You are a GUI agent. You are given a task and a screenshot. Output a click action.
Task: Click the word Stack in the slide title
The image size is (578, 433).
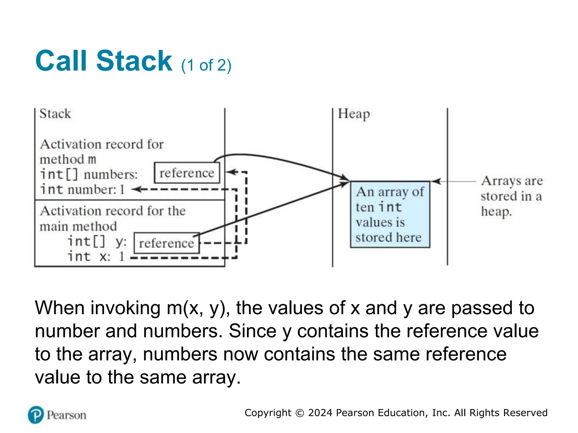(134, 61)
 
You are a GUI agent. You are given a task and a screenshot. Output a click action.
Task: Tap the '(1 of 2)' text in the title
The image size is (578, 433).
(206, 65)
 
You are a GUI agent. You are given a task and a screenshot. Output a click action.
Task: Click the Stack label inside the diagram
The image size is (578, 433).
(55, 114)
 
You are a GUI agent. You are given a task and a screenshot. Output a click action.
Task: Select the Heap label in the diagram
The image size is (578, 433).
(354, 114)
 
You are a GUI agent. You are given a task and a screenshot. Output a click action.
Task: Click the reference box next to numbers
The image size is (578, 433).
(187, 173)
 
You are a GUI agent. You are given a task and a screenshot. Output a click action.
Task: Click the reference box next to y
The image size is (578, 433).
(166, 243)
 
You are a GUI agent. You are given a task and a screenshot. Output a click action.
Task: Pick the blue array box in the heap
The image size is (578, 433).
(390, 214)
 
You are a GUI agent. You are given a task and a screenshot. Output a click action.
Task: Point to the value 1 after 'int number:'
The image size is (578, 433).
(122, 189)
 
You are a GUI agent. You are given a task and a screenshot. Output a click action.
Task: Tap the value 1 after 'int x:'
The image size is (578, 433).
(122, 257)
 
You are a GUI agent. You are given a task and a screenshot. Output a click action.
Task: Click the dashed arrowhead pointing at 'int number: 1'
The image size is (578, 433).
(136, 189)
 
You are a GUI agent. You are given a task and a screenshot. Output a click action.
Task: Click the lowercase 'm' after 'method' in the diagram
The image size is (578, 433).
(92, 160)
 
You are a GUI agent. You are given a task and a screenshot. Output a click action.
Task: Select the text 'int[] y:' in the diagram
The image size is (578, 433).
(97, 242)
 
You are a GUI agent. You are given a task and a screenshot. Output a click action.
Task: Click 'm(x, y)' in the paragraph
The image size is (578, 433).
(198, 308)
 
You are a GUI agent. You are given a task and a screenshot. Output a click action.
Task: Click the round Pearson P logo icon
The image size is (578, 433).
(36, 415)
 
